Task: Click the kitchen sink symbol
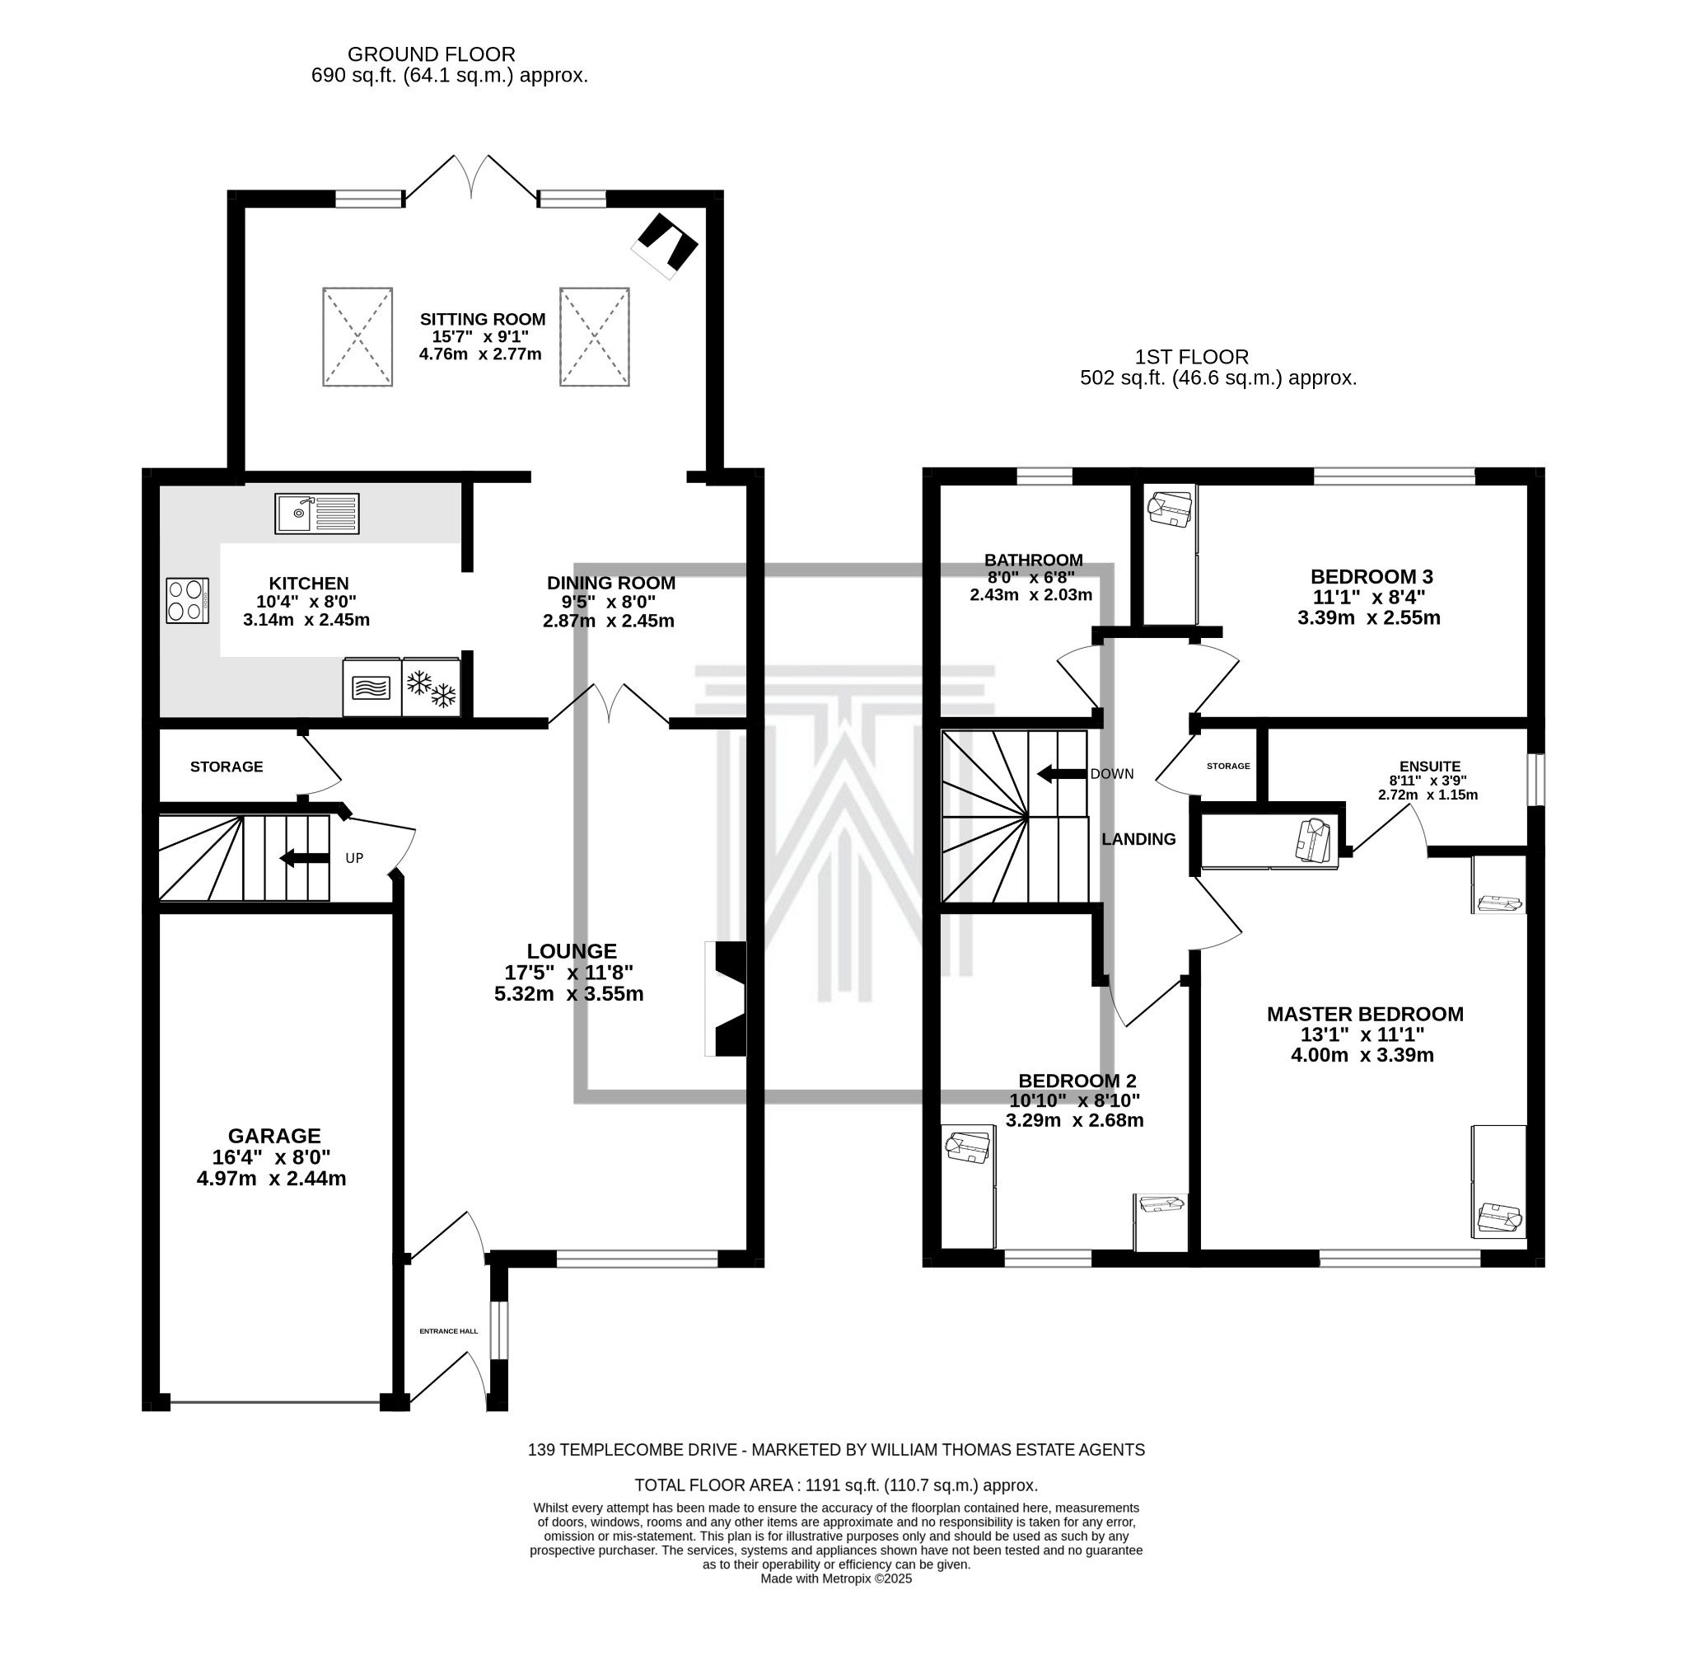tap(317, 514)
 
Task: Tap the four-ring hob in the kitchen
tap(188, 601)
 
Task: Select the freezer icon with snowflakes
tap(432, 687)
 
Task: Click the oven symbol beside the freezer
tap(372, 687)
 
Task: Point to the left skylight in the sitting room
tap(357, 336)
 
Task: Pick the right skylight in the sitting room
tap(595, 336)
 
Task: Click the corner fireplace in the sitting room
tap(666, 246)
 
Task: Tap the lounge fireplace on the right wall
tap(726, 998)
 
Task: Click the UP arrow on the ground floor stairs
tap(304, 859)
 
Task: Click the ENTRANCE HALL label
tap(449, 1331)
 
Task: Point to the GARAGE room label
tap(274, 1136)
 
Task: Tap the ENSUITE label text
tap(1429, 766)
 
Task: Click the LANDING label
tap(1138, 838)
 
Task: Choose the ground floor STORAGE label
tap(227, 766)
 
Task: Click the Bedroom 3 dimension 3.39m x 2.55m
tap(1369, 617)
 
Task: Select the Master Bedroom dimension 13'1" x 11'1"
tap(1362, 1034)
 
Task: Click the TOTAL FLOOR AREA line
tap(835, 1485)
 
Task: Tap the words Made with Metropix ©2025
tap(835, 1578)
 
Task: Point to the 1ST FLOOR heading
tap(1192, 356)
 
